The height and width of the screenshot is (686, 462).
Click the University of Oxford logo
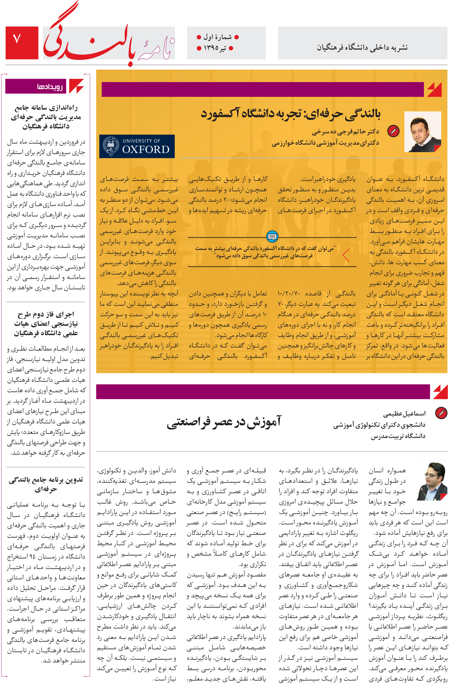point(137,146)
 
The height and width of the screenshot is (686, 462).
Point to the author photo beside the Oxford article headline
point(422,132)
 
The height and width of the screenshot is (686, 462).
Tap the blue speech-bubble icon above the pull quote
point(272,236)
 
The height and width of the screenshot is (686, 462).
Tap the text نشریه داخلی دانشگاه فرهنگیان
point(362,47)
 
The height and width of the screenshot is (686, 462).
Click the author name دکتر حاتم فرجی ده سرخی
point(345,132)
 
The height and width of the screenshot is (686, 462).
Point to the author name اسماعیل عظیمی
point(404,414)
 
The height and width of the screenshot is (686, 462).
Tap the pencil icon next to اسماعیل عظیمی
point(441,413)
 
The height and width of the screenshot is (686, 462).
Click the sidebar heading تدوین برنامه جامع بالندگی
point(46,484)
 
